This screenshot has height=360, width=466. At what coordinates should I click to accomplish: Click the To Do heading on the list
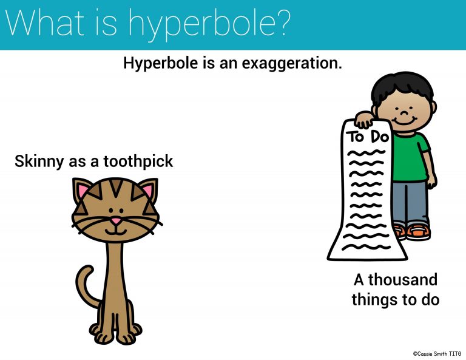click(x=368, y=136)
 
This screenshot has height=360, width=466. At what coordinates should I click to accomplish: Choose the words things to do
click(x=396, y=299)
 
